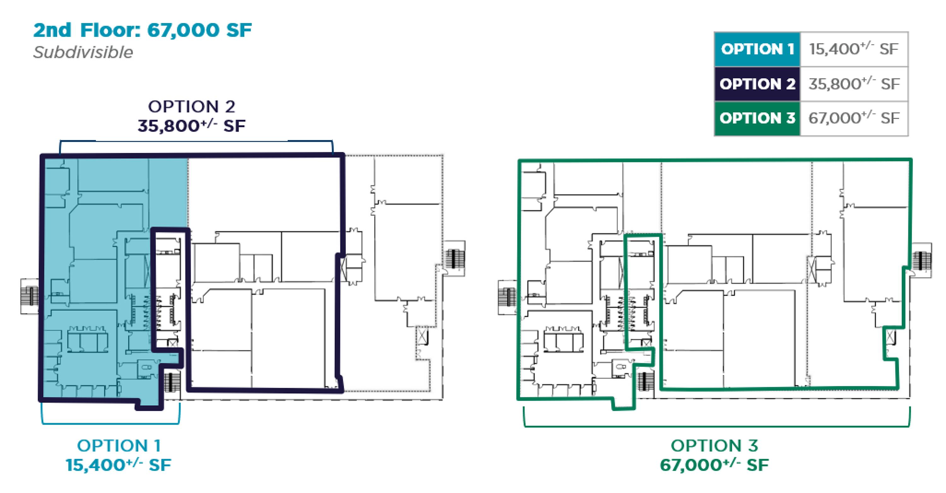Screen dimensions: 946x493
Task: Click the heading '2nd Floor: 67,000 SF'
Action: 143,30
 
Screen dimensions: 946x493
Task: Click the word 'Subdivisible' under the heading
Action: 83,52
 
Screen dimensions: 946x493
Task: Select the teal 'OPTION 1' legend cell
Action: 757,49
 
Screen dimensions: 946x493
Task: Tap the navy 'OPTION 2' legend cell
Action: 757,84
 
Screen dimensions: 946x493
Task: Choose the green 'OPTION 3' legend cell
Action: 757,119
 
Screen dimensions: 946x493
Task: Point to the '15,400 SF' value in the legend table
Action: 854,49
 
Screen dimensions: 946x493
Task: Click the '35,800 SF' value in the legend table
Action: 854,84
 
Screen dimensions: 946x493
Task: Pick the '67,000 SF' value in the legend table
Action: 854,118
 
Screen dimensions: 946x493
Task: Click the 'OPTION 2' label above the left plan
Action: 191,107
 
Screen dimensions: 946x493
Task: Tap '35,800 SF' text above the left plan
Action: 191,126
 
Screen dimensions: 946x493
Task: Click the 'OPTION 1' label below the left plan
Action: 119,446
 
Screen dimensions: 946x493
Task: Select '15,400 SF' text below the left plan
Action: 118,465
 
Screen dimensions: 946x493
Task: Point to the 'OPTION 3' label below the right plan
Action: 714,446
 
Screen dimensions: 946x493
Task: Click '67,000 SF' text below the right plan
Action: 714,465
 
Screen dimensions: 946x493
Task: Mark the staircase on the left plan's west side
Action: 29,297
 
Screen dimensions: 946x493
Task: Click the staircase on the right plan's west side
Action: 507,297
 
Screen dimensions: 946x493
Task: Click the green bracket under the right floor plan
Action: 716,426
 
